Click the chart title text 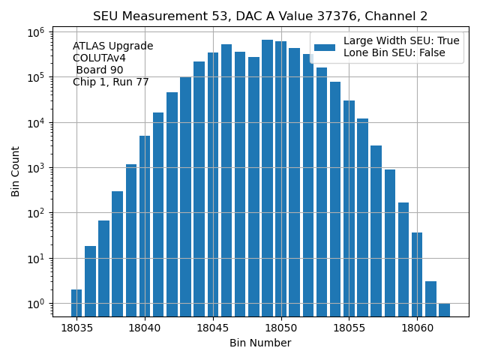[x=260, y=16]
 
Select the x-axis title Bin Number [x=260, y=343]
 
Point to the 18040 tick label [x=145, y=328]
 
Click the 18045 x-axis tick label [x=213, y=328]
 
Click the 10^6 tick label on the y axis [x=37, y=32]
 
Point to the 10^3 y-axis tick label [x=37, y=168]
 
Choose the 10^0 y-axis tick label [x=37, y=304]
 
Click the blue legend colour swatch [x=325, y=47]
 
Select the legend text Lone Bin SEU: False [x=394, y=53]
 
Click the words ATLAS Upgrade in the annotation [x=112, y=46]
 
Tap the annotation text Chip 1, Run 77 [x=111, y=82]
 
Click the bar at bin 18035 [x=76, y=303]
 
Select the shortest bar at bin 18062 [x=444, y=310]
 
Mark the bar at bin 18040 [x=145, y=225]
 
